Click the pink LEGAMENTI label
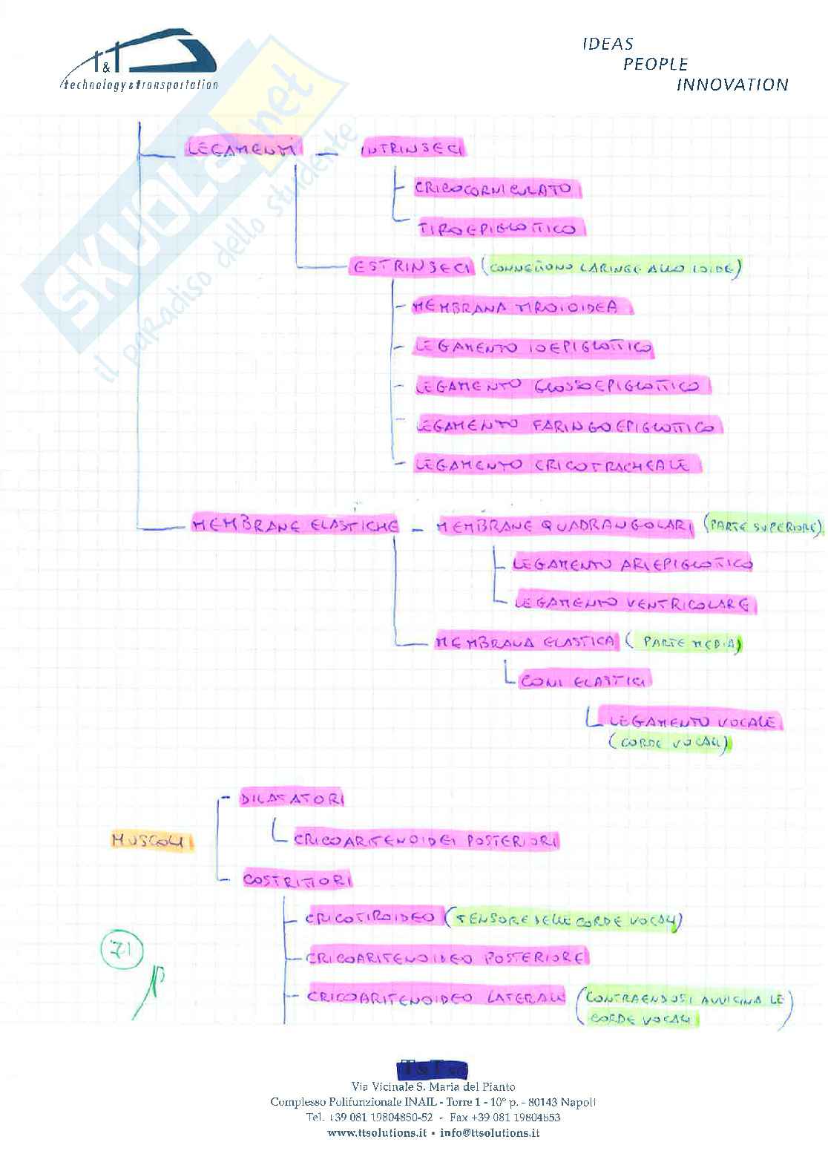(243, 148)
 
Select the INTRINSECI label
(413, 149)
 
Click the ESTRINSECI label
(411, 267)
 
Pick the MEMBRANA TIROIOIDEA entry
(519, 306)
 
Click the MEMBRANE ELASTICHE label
(295, 525)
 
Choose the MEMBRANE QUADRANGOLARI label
(564, 526)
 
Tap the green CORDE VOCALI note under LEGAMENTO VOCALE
(668, 743)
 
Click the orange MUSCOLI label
(151, 841)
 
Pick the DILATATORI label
(292, 799)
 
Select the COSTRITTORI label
(297, 880)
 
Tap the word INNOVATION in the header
(732, 85)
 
